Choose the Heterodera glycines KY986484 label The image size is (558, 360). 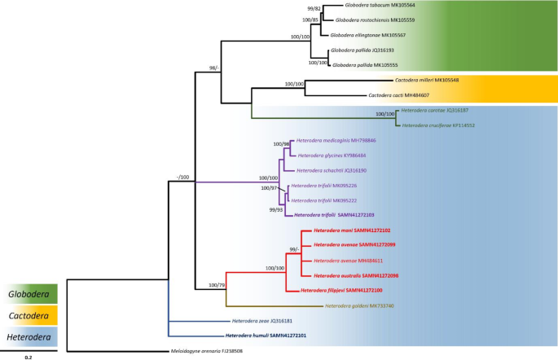[332, 156]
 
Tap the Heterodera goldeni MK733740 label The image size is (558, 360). [363, 305]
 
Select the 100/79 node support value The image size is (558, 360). [217, 285]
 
